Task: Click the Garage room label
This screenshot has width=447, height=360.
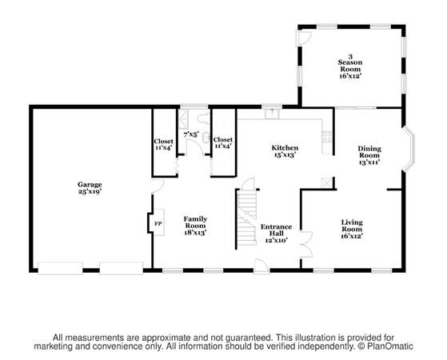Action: click(90, 188)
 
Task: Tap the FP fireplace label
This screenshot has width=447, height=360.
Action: click(158, 224)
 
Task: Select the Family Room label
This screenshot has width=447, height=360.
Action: click(195, 226)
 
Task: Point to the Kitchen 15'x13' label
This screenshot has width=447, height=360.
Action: click(285, 151)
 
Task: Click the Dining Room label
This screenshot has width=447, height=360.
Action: click(369, 155)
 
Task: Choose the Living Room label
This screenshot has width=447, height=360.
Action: click(352, 229)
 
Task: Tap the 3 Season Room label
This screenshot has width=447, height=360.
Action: click(350, 66)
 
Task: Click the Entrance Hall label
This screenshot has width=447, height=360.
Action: click(276, 234)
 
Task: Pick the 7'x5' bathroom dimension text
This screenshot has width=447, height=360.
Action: click(191, 134)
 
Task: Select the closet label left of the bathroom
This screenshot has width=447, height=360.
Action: click(163, 144)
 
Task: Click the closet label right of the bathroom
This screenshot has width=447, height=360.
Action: click(223, 142)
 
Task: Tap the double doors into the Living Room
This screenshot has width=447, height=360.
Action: click(307, 245)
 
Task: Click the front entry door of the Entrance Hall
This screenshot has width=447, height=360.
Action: click(261, 266)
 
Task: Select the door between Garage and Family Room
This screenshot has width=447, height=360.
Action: click(158, 186)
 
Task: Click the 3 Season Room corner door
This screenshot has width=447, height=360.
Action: click(305, 38)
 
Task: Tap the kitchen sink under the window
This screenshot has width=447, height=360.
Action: click(272, 114)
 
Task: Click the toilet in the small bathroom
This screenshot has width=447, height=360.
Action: click(204, 119)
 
